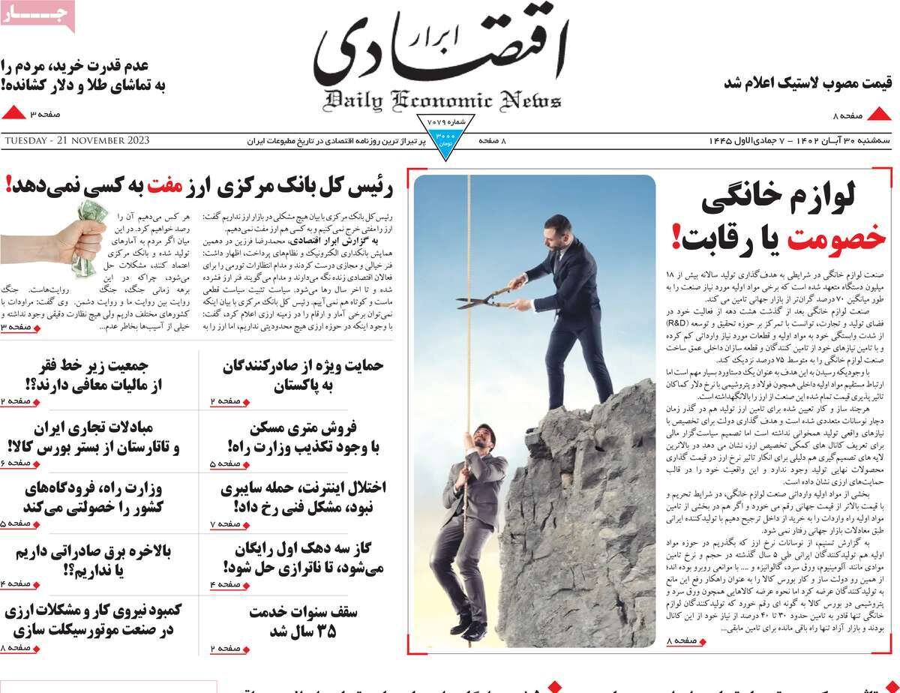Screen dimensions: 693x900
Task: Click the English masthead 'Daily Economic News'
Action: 443,100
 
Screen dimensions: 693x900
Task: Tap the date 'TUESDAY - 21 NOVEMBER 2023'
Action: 76,141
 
